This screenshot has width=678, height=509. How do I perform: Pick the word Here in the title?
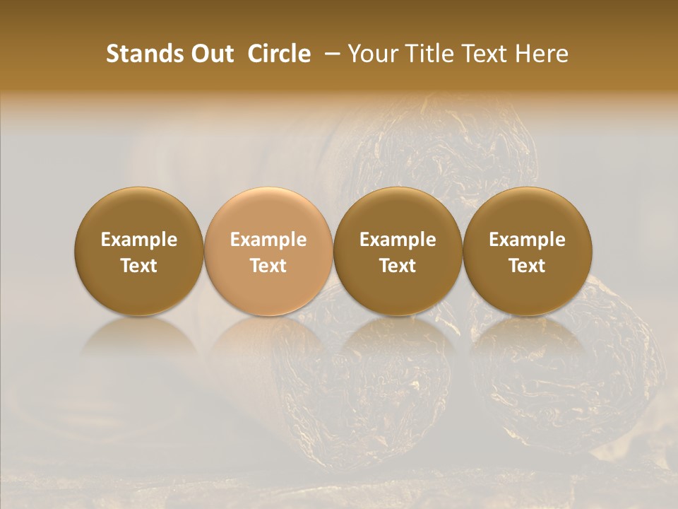point(541,54)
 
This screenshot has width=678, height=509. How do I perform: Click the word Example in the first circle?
point(139,240)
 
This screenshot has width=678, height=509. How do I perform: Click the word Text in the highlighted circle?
point(268,266)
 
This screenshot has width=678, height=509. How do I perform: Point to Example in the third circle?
point(398,240)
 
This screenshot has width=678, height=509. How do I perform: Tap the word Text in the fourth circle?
point(527,266)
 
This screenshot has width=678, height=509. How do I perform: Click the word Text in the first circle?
point(139,266)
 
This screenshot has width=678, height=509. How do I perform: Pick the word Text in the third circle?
point(398,266)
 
